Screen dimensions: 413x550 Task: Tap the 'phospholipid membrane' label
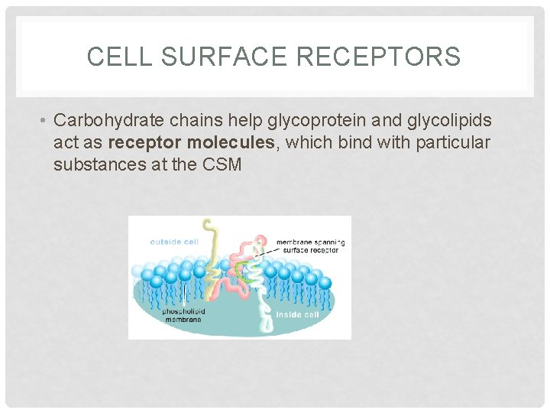point(183,316)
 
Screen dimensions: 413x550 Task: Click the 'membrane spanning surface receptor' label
point(310,246)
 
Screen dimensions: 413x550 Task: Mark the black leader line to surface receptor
point(266,249)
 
